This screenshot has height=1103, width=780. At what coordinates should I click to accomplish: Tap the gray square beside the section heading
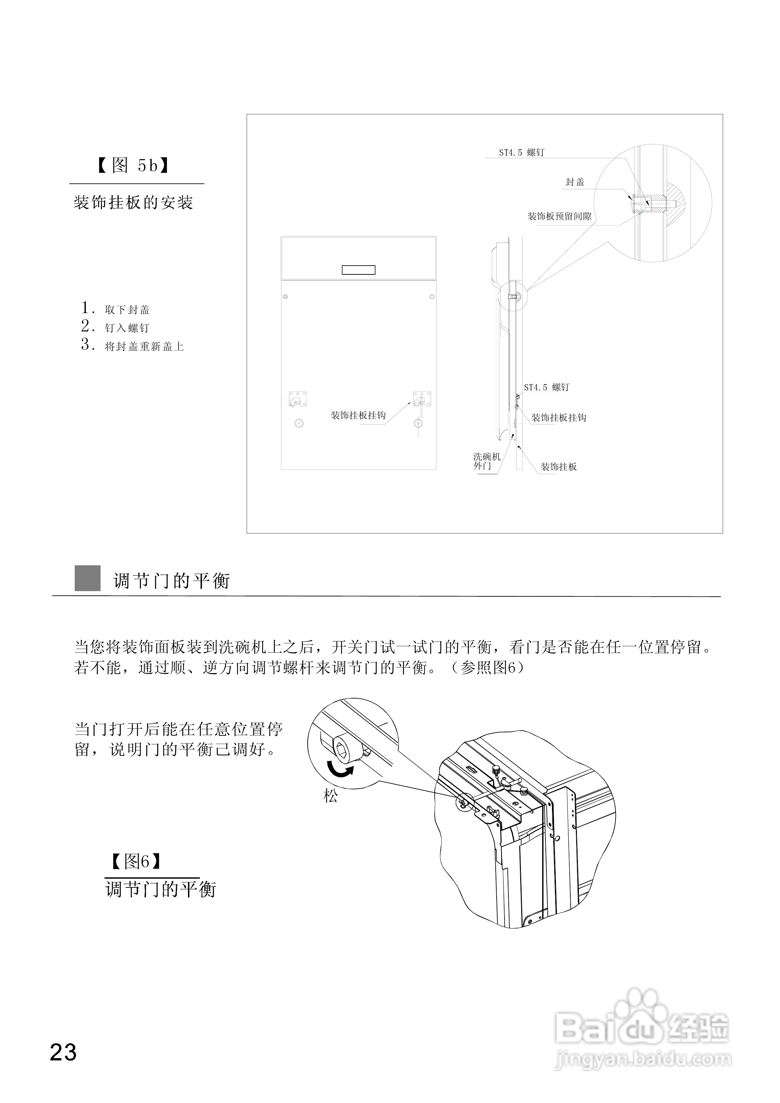coord(87,578)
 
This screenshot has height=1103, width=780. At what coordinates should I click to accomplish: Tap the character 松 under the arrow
coord(331,796)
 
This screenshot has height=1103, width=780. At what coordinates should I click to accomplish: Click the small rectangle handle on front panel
coord(358,270)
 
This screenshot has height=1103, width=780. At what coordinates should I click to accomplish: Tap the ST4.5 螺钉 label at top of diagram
coord(522,152)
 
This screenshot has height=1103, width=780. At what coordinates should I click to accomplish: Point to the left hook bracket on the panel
coord(297,399)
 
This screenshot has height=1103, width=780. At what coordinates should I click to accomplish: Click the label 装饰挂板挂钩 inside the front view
coord(358,415)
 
